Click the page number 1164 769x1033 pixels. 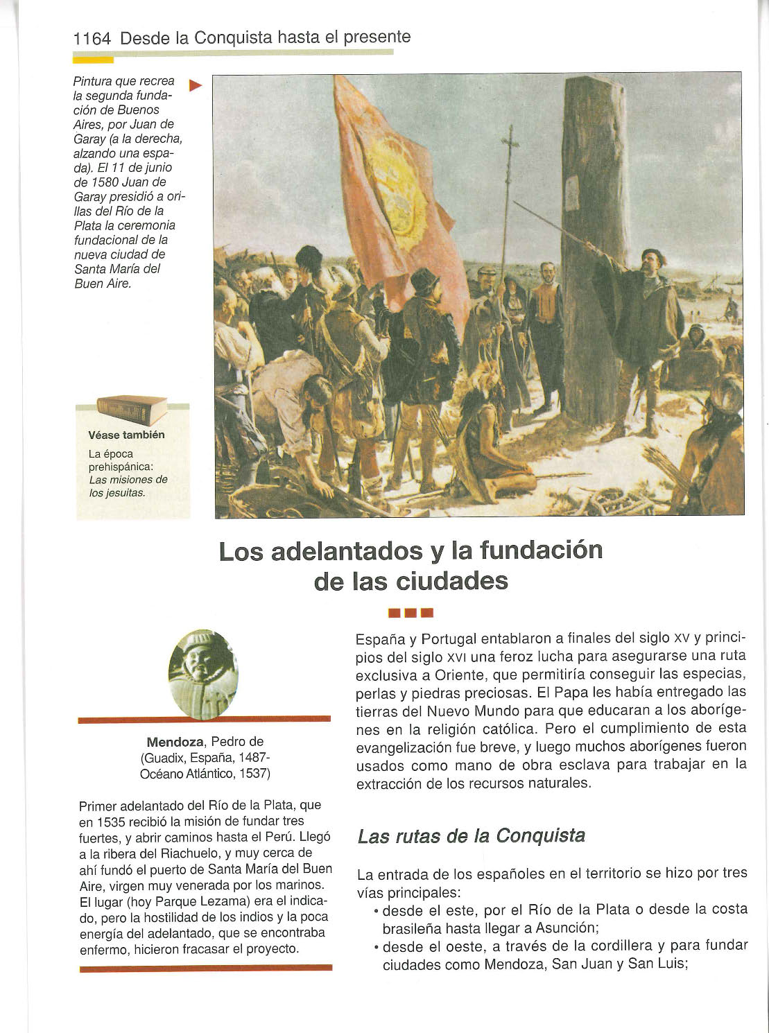pyautogui.click(x=92, y=39)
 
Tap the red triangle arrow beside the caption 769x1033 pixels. pyautogui.click(x=196, y=86)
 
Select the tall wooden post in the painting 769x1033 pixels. pyautogui.click(x=594, y=243)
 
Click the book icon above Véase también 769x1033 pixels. pyautogui.click(x=132, y=410)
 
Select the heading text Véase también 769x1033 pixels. pyautogui.click(x=126, y=435)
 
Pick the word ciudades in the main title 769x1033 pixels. pyautogui.click(x=452, y=581)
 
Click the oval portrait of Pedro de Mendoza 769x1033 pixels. pyautogui.click(x=203, y=674)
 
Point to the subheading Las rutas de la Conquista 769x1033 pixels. pyautogui.click(x=471, y=836)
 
